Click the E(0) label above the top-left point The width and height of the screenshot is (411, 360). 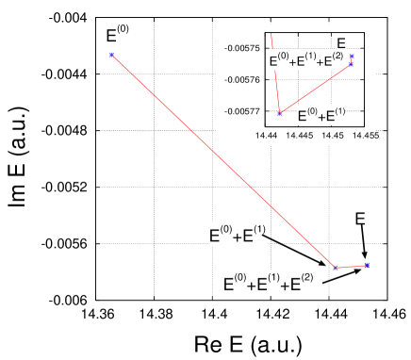118,36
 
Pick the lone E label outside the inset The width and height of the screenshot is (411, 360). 360,219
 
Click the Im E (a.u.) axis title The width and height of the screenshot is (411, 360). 18,155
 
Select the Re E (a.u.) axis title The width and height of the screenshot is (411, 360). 249,342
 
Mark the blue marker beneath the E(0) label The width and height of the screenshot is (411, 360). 111,56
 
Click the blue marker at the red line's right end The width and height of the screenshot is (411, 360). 366,266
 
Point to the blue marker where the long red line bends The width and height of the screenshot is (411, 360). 336,269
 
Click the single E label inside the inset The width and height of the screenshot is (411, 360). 341,42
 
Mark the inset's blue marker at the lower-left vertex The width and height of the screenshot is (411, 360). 279,113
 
